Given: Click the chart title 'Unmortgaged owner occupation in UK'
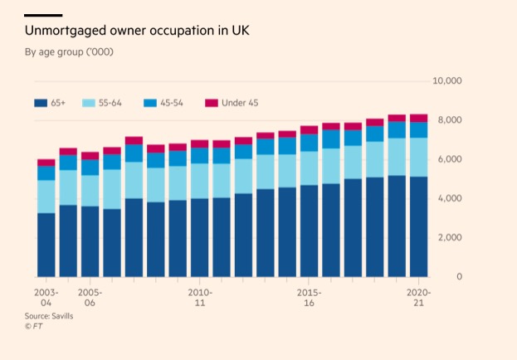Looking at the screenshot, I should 136,31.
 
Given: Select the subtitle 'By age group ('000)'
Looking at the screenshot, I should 69,52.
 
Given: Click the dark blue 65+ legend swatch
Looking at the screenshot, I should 40,103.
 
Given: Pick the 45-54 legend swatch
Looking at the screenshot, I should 149,103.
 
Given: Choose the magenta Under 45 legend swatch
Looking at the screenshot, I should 211,103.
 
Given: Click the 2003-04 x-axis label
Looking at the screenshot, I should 46,299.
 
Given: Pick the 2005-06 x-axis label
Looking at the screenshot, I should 90,299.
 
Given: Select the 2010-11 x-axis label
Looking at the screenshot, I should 200,299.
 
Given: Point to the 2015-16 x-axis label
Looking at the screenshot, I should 310,299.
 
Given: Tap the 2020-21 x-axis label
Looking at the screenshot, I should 418,299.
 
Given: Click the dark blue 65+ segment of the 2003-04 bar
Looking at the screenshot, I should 46,245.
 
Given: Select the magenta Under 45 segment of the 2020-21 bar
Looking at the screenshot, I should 419,118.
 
